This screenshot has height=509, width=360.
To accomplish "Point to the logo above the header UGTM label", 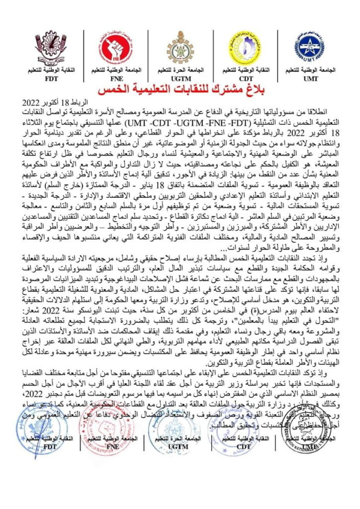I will click(x=180, y=48).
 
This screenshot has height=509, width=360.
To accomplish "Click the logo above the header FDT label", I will click(x=51, y=47).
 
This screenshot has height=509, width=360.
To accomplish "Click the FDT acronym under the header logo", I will click(x=50, y=78).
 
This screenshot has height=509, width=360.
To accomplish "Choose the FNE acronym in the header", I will click(x=115, y=78).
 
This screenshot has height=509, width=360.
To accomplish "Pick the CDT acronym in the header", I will click(x=244, y=78).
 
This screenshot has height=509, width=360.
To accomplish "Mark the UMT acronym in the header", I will click(x=311, y=78).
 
